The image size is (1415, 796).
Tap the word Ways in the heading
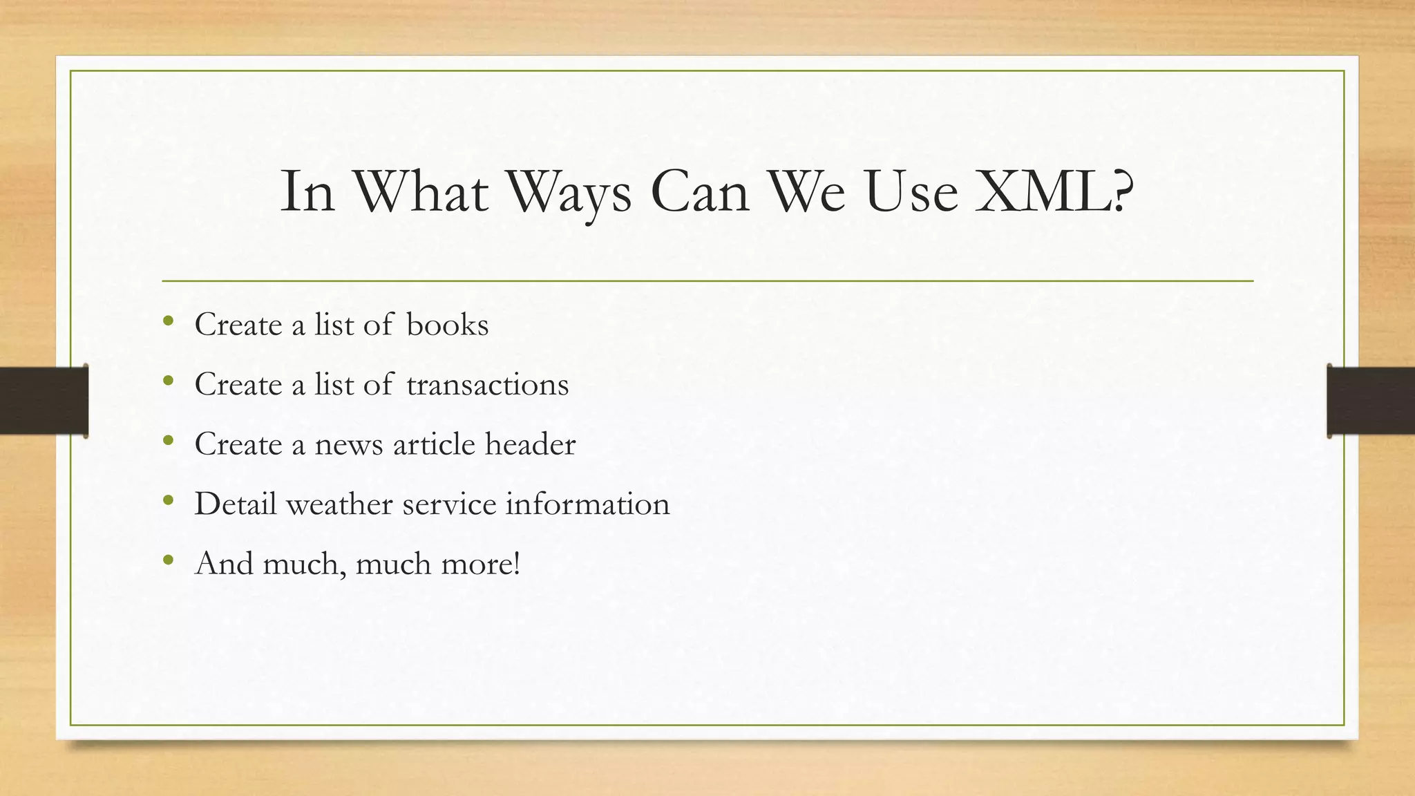pyautogui.click(x=569, y=191)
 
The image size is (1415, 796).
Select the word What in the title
pyautogui.click(x=421, y=191)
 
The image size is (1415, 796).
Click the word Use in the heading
pyautogui.click(x=911, y=191)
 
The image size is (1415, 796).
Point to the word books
pyautogui.click(x=447, y=325)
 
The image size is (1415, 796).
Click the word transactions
pyautogui.click(x=487, y=384)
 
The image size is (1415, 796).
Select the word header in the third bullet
pyautogui.click(x=530, y=444)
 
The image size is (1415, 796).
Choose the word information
pyautogui.click(x=587, y=504)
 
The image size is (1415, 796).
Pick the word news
pyautogui.click(x=348, y=444)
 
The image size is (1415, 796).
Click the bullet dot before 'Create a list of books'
pyautogui.click(x=168, y=321)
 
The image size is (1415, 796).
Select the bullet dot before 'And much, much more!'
pyautogui.click(x=168, y=560)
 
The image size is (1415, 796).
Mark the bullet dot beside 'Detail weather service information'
pyautogui.click(x=168, y=500)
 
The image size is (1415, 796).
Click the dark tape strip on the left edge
pyautogui.click(x=44, y=401)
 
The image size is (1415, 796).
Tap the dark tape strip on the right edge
pyautogui.click(x=1371, y=401)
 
